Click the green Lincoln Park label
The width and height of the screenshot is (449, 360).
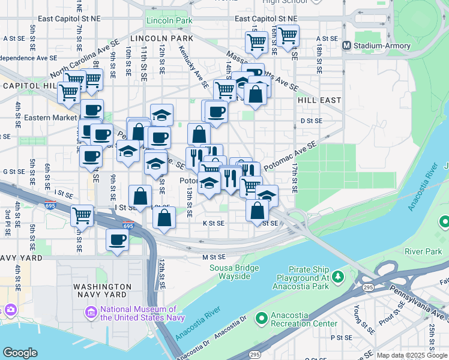tap(169, 21)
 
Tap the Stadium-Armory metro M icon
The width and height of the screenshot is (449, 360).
tap(346, 46)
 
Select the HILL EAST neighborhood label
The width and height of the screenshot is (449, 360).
tap(319, 100)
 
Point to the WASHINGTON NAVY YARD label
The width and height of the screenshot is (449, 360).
tap(102, 291)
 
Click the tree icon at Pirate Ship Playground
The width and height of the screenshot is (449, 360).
tap(338, 277)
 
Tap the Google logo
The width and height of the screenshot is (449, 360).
tap(20, 353)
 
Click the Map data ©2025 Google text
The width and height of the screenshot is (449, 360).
tap(412, 355)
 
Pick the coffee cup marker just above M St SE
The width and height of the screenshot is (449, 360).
tap(117, 241)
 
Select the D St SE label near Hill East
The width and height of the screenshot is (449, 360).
tap(312, 121)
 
